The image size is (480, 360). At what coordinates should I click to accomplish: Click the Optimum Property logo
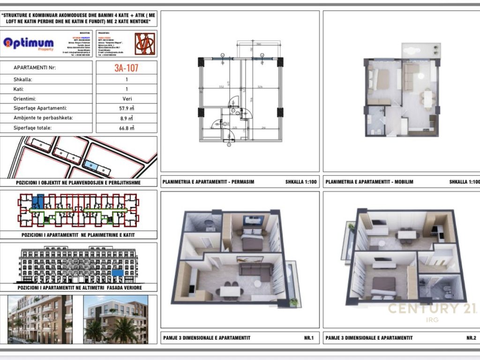pyautogui.click(x=29, y=44)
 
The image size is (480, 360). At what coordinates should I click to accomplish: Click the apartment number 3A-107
pyautogui.click(x=126, y=67)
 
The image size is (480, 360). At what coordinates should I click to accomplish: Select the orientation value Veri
pyautogui.click(x=126, y=99)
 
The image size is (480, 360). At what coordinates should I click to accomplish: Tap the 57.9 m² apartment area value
pyautogui.click(x=127, y=108)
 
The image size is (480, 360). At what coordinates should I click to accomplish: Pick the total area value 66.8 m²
pyautogui.click(x=127, y=127)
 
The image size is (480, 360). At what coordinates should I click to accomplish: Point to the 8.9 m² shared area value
pyautogui.click(x=127, y=118)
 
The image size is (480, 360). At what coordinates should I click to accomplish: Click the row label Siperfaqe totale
pyautogui.click(x=32, y=127)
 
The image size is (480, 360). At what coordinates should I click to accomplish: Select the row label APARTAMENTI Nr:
pyautogui.click(x=35, y=67)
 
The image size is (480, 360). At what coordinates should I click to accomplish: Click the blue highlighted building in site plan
pyautogui.click(x=91, y=165)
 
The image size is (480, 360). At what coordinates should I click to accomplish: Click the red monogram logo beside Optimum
pyautogui.click(x=144, y=44)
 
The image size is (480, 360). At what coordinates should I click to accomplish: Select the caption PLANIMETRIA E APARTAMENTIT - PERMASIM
pyautogui.click(x=208, y=181)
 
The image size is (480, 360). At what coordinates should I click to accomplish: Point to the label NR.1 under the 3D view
pyautogui.click(x=308, y=337)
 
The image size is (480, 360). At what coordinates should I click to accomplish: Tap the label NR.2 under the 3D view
pyautogui.click(x=471, y=337)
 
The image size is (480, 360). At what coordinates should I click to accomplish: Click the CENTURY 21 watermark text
pyautogui.click(x=431, y=308)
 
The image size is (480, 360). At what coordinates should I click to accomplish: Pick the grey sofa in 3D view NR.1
pyautogui.click(x=256, y=270)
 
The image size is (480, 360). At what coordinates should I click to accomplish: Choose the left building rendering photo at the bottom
pyautogui.click(x=40, y=319)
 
